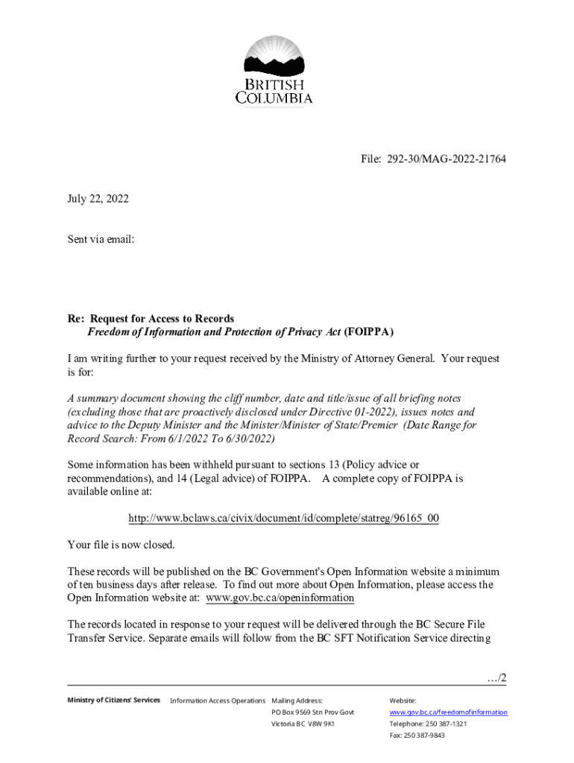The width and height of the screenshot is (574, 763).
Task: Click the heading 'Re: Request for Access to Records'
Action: click(x=151, y=319)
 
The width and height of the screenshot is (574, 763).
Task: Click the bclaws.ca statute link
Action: click(x=283, y=518)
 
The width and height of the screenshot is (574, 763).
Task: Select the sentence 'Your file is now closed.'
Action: click(x=121, y=545)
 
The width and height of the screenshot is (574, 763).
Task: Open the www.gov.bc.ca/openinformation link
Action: click(x=280, y=598)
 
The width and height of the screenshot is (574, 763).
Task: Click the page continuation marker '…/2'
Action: click(x=496, y=678)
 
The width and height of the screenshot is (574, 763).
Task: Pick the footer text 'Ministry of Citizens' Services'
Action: click(x=113, y=700)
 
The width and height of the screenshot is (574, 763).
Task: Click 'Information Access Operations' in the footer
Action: click(x=218, y=700)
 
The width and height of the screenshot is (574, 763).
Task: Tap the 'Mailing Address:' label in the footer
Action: click(x=297, y=700)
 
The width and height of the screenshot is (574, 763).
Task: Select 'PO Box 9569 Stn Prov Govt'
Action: click(x=313, y=712)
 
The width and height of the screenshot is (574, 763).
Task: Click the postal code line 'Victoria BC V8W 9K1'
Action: click(x=303, y=724)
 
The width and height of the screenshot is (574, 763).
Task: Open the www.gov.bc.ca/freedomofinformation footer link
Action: click(x=448, y=712)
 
